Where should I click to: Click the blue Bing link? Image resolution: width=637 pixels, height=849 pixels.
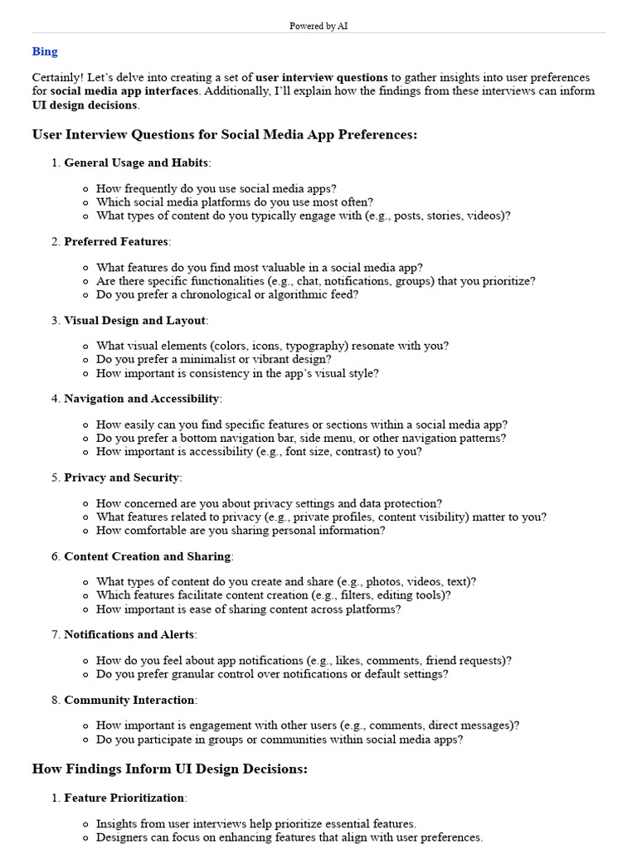45,51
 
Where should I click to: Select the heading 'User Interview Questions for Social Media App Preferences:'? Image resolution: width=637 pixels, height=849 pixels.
224,134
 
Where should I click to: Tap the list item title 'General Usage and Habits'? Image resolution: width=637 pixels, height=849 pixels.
136,163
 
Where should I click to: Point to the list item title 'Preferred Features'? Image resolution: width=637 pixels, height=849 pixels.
116,241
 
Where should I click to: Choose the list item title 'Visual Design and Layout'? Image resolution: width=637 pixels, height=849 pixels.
134,320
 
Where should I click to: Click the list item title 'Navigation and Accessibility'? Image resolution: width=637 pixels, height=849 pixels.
142,399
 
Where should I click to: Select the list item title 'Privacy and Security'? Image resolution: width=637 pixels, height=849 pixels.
121,478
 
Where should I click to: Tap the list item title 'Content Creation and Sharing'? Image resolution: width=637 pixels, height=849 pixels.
148,556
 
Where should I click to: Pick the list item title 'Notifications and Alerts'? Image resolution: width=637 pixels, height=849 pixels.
129,634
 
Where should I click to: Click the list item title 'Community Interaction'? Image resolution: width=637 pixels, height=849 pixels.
129,700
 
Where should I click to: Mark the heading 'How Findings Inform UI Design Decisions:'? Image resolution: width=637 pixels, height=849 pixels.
169,769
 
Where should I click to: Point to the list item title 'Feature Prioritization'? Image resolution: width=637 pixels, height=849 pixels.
124,798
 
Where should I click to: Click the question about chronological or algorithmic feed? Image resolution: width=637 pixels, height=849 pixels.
227,294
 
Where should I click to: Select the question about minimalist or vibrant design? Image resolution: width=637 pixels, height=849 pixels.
214,359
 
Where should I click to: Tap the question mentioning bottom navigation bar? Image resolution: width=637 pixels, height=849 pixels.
301,438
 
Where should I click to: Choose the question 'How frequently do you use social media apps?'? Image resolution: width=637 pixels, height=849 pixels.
216,188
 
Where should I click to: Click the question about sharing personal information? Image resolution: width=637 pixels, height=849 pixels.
241,530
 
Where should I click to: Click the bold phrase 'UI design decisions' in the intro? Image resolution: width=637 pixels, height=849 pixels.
85,105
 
